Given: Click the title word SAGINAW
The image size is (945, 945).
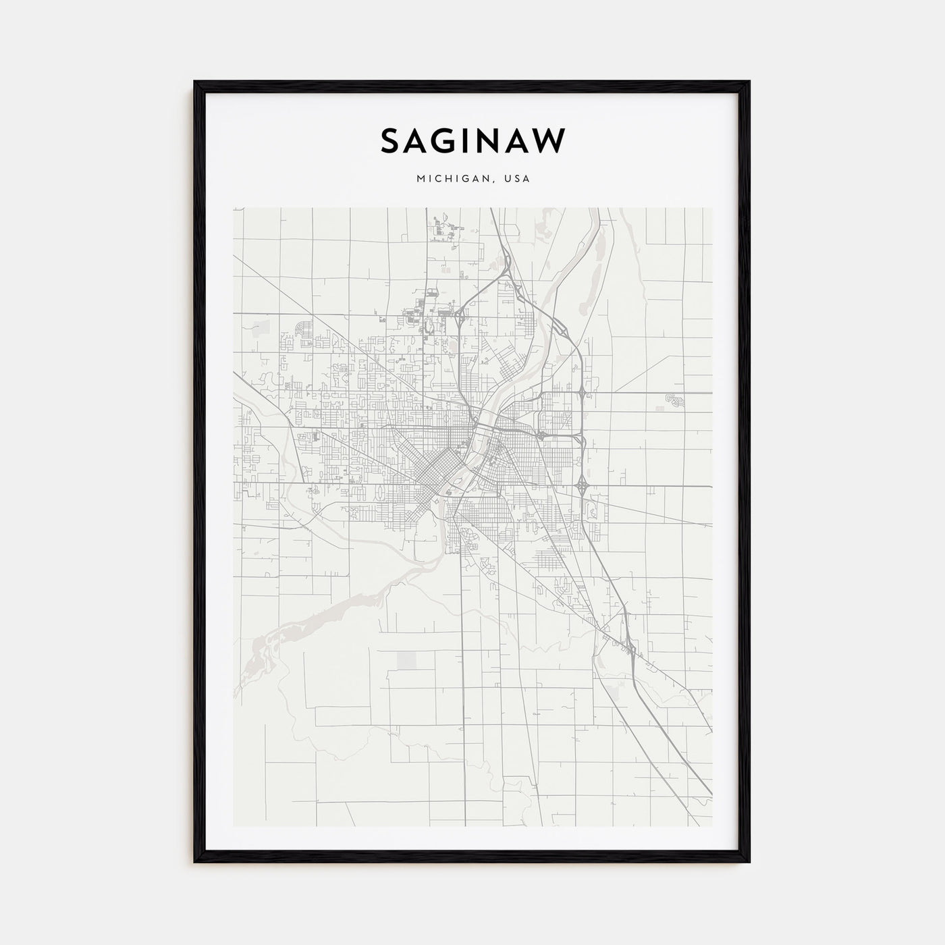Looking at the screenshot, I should point(473,142).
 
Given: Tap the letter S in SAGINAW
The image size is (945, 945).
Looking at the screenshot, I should point(390,142).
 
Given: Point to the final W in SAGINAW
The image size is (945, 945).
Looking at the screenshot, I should point(550,142).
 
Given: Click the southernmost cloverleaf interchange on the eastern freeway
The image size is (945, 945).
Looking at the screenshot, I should point(581,485).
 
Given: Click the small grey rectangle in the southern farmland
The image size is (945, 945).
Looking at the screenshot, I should point(407,660).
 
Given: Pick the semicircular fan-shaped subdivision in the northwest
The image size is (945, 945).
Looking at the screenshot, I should point(304,331).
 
